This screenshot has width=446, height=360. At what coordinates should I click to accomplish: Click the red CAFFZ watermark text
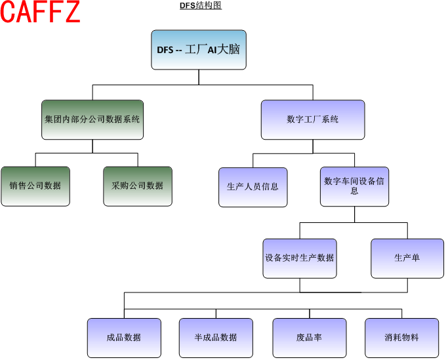[x=41, y=13]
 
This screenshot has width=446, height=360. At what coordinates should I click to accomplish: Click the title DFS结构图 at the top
[x=201, y=5]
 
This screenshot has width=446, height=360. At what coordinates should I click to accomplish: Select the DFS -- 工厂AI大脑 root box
[x=199, y=49]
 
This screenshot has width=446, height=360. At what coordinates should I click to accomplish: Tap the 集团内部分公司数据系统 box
[x=92, y=119]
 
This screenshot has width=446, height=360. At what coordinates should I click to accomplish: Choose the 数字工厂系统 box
[x=313, y=119]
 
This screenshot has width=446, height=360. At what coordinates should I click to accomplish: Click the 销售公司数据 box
[x=35, y=186]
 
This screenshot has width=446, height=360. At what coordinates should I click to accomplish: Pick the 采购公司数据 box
[x=138, y=186]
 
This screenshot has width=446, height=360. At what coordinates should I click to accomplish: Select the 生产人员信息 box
[x=253, y=187]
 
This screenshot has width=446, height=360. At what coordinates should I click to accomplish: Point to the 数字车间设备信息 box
[x=355, y=186]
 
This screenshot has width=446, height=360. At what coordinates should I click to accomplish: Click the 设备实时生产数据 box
[x=300, y=258]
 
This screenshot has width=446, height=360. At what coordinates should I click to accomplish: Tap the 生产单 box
[x=407, y=258]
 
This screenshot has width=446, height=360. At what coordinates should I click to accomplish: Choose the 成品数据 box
[x=124, y=338]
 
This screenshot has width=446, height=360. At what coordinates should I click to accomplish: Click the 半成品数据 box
[x=216, y=338]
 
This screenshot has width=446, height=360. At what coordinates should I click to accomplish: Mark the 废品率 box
[x=309, y=338]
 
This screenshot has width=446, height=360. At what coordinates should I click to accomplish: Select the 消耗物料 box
[x=402, y=338]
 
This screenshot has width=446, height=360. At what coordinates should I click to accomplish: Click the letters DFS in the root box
[x=165, y=50]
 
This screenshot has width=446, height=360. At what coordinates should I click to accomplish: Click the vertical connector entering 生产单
[x=407, y=231]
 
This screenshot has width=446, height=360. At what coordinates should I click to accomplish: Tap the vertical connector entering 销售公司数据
[x=35, y=160]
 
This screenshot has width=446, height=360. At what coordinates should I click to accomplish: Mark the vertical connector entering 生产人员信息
[x=253, y=161]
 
